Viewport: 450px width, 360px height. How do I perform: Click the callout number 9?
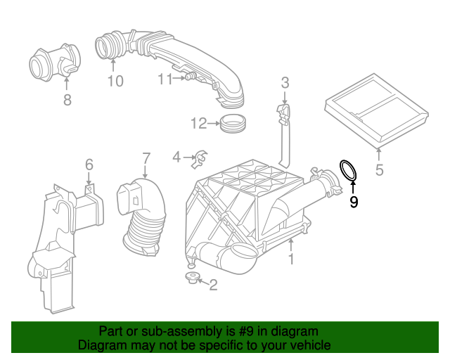(x=354, y=202)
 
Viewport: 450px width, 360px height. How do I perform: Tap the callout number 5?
(x=379, y=169)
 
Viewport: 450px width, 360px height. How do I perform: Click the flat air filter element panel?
(x=376, y=112)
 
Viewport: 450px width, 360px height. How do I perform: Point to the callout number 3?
(x=285, y=83)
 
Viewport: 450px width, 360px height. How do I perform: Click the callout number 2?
(x=213, y=284)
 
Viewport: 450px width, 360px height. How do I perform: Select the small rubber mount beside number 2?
(x=191, y=279)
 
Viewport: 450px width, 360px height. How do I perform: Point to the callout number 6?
(x=89, y=165)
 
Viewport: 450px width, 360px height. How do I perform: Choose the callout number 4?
(x=176, y=156)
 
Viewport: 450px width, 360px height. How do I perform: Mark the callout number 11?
(x=165, y=79)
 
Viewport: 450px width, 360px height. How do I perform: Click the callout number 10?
(x=115, y=82)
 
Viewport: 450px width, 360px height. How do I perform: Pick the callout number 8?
(x=67, y=101)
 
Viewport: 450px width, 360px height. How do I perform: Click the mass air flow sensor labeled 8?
(x=53, y=63)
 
